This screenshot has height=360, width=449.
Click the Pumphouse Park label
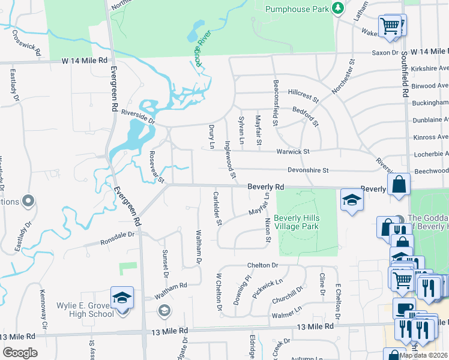coord(298,9)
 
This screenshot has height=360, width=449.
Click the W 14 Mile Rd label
coord(83,61)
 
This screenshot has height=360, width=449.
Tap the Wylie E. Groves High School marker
coord(122,298)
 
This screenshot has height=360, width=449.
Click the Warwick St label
coord(292,152)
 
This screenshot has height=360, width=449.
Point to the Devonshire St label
coord(308,170)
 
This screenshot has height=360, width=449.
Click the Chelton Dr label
coord(262,265)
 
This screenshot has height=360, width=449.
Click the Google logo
coord(20,352)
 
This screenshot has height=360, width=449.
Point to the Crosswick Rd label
coord(25,39)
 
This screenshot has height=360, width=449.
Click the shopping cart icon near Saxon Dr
coord(390,26)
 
